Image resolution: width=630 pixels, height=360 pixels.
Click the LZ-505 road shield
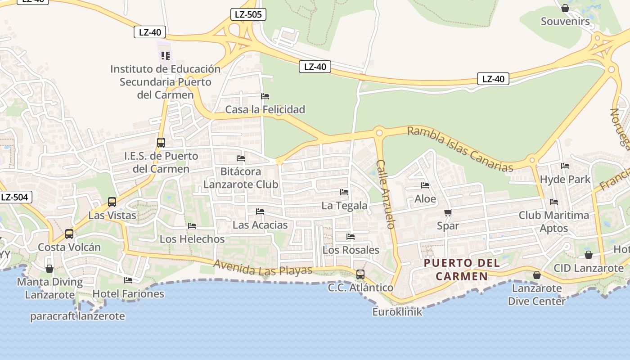pos(248,14)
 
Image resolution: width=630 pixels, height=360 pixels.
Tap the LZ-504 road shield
pos(14,197)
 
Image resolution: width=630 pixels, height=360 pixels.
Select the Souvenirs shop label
pos(565,21)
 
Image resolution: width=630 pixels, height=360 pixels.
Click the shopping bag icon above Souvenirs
pos(565,8)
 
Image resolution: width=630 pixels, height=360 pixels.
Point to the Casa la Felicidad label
pos(265,109)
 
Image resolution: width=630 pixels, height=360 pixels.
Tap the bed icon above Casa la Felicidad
pos(265,96)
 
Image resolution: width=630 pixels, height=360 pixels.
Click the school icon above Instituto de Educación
pos(166,56)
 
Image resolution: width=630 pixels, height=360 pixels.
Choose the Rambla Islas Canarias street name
pos(460,149)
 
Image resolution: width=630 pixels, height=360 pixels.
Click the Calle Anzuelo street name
pos(386,194)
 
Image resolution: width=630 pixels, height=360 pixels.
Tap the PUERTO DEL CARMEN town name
pos(462,269)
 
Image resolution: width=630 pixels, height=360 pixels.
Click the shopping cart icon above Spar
pos(448,212)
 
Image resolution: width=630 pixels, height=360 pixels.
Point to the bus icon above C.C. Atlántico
pos(360,274)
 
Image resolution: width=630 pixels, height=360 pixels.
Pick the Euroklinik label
pos(397,311)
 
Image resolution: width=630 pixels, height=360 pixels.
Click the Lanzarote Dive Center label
pos(536,294)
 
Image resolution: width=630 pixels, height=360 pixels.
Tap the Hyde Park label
pos(565,179)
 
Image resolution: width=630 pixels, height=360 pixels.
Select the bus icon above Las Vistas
pos(112,202)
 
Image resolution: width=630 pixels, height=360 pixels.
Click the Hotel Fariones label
pos(128,294)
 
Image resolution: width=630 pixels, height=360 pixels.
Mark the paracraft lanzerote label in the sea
pos(77,316)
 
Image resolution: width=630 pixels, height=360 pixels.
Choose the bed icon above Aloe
pos(425,185)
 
